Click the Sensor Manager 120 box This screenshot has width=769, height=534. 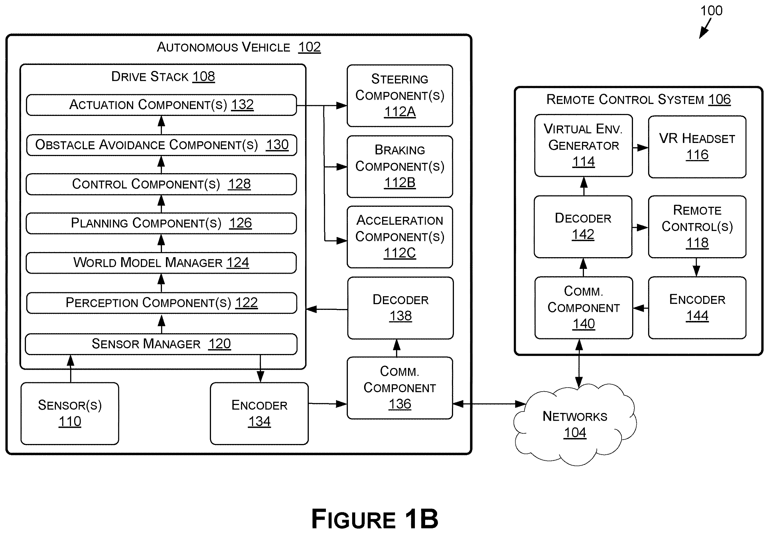coord(161,344)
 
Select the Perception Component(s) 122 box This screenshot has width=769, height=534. coord(161,303)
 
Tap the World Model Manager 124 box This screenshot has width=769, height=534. coord(161,263)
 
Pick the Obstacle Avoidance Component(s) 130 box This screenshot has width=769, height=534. coord(161,145)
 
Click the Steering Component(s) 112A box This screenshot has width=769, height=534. coord(400,96)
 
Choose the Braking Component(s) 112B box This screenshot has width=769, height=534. coord(400,166)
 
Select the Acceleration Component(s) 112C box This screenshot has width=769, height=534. coord(400,237)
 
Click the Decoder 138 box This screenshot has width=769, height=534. coord(401,308)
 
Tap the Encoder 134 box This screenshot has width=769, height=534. coord(259,414)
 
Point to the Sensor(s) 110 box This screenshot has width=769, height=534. coord(70,414)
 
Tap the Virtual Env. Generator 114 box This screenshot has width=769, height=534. coord(583,146)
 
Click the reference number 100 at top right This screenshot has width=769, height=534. coord(711,11)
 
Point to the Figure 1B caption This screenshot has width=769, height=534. coord(375,519)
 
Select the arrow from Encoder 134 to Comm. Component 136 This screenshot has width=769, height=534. coord(328,404)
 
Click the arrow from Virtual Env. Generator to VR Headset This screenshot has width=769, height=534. coord(640,148)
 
